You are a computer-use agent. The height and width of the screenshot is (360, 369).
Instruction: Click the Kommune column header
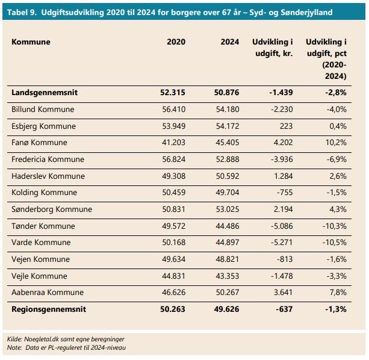[x=31, y=42]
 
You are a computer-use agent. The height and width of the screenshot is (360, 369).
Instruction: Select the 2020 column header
[x=176, y=42]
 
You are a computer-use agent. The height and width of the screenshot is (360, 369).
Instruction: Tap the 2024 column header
[x=230, y=42]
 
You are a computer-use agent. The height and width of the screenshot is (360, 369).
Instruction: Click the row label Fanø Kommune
[x=39, y=142]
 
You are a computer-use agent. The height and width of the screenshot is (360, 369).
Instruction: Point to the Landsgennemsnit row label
[x=45, y=93]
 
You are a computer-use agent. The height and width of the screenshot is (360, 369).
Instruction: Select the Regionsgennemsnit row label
[x=49, y=309]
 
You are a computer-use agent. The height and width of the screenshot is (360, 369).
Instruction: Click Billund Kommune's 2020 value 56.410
[x=174, y=109]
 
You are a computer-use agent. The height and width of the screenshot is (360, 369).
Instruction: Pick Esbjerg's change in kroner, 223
[x=286, y=126]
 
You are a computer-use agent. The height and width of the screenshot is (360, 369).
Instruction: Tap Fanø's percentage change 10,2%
[x=336, y=142]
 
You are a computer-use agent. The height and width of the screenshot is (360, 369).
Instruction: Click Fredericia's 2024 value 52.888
[x=228, y=160]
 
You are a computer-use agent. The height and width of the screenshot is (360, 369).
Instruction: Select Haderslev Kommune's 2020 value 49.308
[x=174, y=176]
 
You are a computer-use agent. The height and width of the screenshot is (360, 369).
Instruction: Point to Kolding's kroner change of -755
[x=285, y=193]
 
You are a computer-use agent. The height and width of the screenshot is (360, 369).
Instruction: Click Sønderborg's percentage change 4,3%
[x=338, y=209]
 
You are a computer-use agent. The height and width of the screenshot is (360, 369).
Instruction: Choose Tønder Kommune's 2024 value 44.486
[x=228, y=226]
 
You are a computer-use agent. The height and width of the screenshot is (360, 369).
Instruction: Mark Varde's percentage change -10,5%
[x=335, y=243]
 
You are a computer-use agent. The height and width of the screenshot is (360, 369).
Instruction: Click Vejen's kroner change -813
[x=285, y=259]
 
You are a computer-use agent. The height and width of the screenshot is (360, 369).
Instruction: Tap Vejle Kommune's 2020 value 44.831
[x=174, y=276]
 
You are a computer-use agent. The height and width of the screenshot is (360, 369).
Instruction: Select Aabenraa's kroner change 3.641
[x=283, y=292]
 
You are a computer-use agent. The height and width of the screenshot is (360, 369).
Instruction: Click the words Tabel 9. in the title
[x=22, y=12]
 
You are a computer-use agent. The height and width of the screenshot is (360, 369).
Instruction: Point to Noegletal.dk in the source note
[x=42, y=339]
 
